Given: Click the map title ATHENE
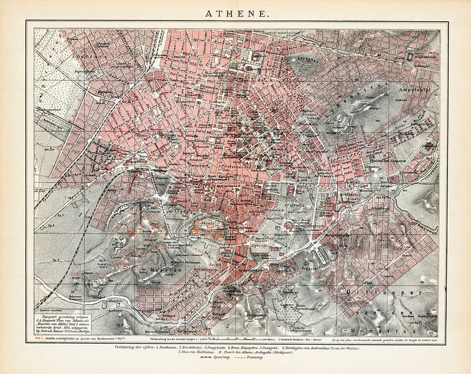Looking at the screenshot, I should (x=235, y=12).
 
